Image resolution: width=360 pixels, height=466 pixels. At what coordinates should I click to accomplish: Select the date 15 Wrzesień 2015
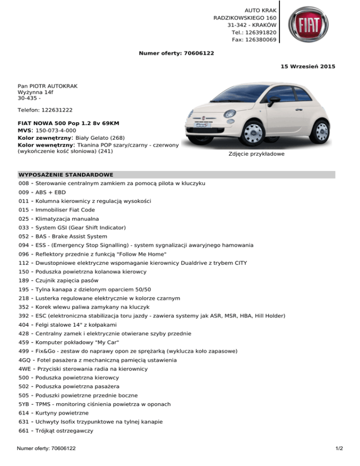coord(307,67)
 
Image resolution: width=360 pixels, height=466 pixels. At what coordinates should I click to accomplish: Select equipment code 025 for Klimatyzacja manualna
coord(23,219)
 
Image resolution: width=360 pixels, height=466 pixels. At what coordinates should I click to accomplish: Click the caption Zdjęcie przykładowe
coord(256,154)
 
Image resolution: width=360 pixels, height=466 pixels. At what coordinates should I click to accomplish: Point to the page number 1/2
coord(339,449)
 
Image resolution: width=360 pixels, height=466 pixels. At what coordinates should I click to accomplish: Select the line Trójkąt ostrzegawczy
coord(64,430)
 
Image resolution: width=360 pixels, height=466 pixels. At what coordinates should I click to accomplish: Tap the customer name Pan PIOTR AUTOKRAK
coord(47,87)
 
